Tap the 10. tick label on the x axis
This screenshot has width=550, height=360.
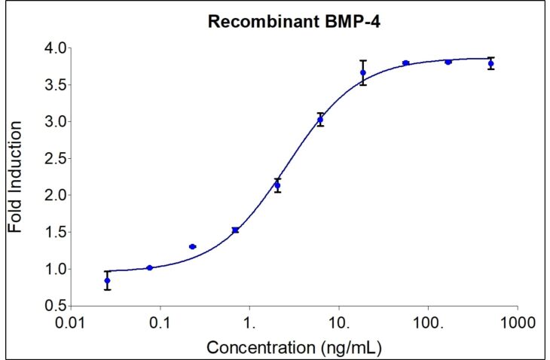338,322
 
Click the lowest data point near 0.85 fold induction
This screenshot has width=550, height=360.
107,280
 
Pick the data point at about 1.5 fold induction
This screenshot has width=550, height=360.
235,230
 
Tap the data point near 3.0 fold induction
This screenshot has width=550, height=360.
320,120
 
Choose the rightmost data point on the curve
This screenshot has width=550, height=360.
491,63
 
